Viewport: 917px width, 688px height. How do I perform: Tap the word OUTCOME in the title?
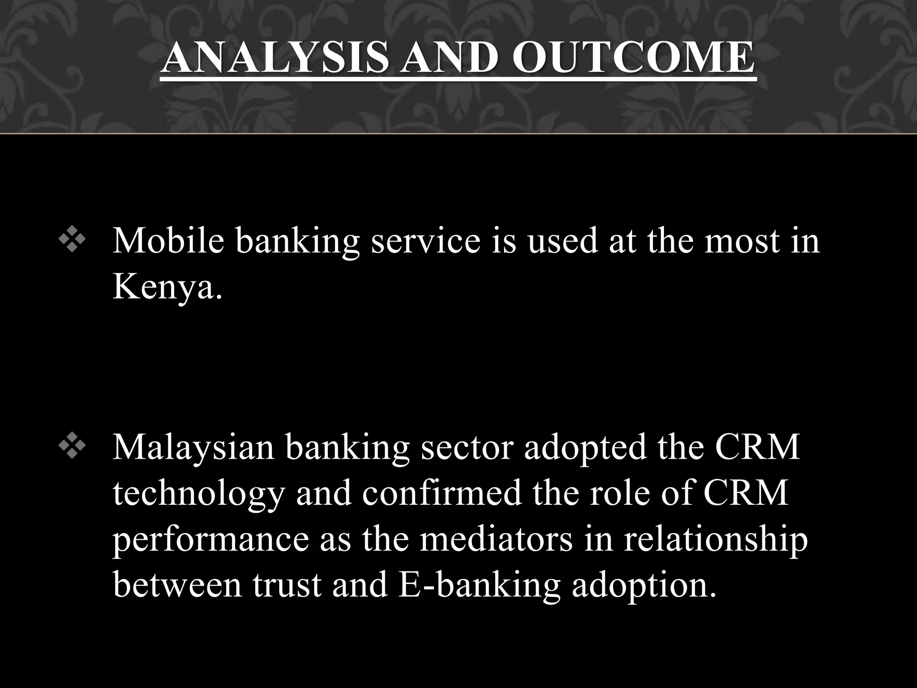pos(634,58)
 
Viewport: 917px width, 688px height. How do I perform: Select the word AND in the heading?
pos(448,58)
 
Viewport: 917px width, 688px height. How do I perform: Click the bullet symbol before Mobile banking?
pos(72,241)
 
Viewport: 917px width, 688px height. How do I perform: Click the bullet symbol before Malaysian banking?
pos(72,448)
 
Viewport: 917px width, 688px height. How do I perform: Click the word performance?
pos(210,541)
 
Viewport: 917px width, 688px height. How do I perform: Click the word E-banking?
pos(479,586)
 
